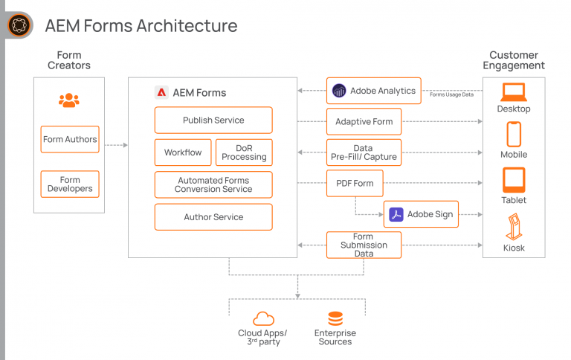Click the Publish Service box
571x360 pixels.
[x=213, y=120]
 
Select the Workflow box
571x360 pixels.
[x=183, y=152]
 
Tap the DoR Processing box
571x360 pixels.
[x=244, y=152]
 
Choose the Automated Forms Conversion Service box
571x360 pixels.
[x=213, y=184]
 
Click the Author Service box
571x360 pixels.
[x=213, y=217]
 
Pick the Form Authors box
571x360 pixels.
[x=69, y=139]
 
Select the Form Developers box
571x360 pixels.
[x=69, y=184]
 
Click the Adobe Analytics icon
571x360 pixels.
[x=340, y=91]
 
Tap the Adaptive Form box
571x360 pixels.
[x=364, y=121]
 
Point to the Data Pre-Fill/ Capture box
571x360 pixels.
[x=364, y=152]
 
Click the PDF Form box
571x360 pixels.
[x=355, y=183]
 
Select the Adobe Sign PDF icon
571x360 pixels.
[x=397, y=214]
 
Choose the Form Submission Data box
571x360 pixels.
[x=364, y=245]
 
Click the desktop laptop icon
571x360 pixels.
[x=513, y=92]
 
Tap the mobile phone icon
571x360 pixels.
[x=513, y=135]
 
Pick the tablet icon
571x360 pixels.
[x=513, y=179]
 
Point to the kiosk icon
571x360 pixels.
[x=513, y=225]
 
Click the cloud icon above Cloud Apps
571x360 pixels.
[x=263, y=318]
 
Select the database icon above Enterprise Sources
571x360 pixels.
[x=335, y=318]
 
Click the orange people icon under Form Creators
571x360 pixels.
[x=69, y=100]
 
